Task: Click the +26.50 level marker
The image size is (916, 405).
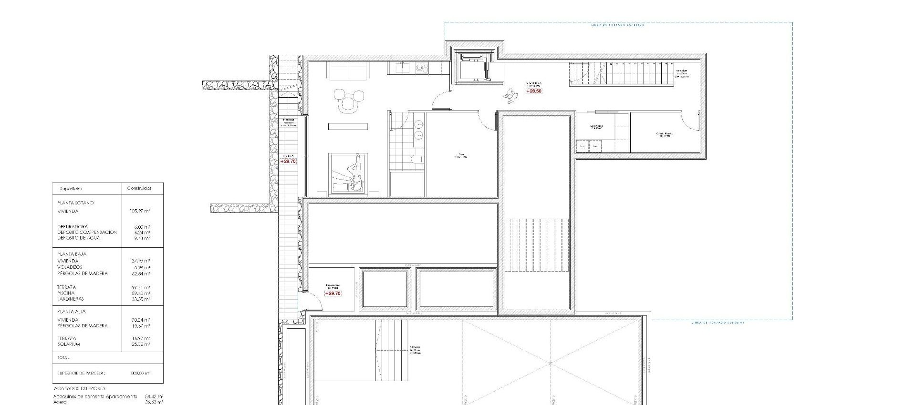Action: [x=534, y=91]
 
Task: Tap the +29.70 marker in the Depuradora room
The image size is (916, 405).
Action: [x=333, y=294]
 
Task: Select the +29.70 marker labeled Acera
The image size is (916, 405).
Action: [x=288, y=162]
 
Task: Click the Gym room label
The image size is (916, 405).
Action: [x=461, y=154]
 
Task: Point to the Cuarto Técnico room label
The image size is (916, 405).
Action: [x=664, y=134]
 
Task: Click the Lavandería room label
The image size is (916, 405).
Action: [x=596, y=127]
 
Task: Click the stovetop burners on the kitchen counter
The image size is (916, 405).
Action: [x=422, y=68]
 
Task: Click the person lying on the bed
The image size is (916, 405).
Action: [x=354, y=173]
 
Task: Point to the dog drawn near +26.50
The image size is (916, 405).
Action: [x=510, y=97]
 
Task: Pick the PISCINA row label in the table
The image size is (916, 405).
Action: [x=65, y=293]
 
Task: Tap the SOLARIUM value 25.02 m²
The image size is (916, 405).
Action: [x=141, y=344]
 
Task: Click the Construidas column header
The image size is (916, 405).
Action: [x=139, y=188]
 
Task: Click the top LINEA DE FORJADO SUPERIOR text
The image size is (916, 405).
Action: [x=617, y=25]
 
